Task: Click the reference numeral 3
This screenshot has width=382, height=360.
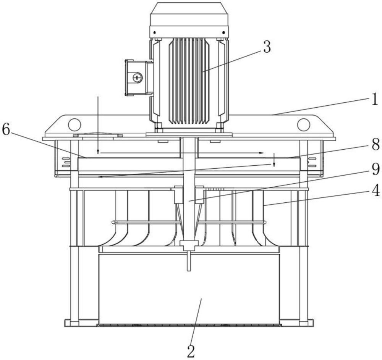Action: click(x=266, y=47)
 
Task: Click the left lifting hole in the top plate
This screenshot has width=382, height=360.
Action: click(x=74, y=124)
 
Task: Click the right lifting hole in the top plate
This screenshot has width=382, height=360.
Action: click(x=303, y=124)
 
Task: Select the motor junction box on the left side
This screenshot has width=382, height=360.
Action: click(x=138, y=78)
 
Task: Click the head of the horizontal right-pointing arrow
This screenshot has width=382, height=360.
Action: click(x=262, y=153)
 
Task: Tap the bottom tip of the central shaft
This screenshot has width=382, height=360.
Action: click(x=189, y=269)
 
